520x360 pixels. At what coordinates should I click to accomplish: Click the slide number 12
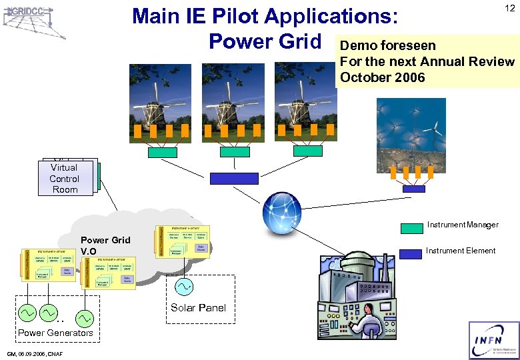pyautogui.click(x=509, y=8)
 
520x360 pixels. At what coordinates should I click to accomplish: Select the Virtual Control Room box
pyautogui.click(x=64, y=179)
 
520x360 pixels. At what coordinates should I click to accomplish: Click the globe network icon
pyautogui.click(x=283, y=213)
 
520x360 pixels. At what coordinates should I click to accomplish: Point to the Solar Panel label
pyautogui.click(x=198, y=307)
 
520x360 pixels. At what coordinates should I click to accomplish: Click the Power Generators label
pyautogui.click(x=55, y=333)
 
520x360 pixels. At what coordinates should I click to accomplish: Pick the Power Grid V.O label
pyautogui.click(x=105, y=245)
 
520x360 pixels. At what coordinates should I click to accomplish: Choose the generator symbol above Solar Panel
pyautogui.click(x=183, y=287)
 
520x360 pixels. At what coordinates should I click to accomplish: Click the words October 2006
pyautogui.click(x=382, y=77)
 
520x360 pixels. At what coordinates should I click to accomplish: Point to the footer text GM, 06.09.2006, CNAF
pyautogui.click(x=35, y=354)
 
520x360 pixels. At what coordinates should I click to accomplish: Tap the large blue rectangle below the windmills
pyautogui.click(x=233, y=179)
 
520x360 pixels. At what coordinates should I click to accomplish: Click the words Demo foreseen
pyautogui.click(x=387, y=45)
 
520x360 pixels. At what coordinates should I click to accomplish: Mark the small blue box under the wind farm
pyautogui.click(x=413, y=189)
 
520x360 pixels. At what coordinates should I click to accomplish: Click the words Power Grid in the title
pyautogui.click(x=265, y=41)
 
